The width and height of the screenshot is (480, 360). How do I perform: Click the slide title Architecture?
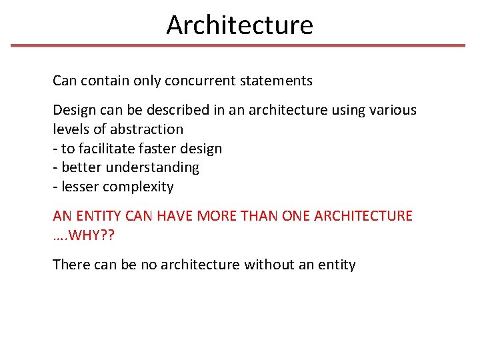pyautogui.click(x=239, y=25)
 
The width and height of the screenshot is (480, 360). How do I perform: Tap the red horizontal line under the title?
pyautogui.click(x=238, y=45)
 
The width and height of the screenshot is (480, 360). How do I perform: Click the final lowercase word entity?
pyautogui.click(x=337, y=265)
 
